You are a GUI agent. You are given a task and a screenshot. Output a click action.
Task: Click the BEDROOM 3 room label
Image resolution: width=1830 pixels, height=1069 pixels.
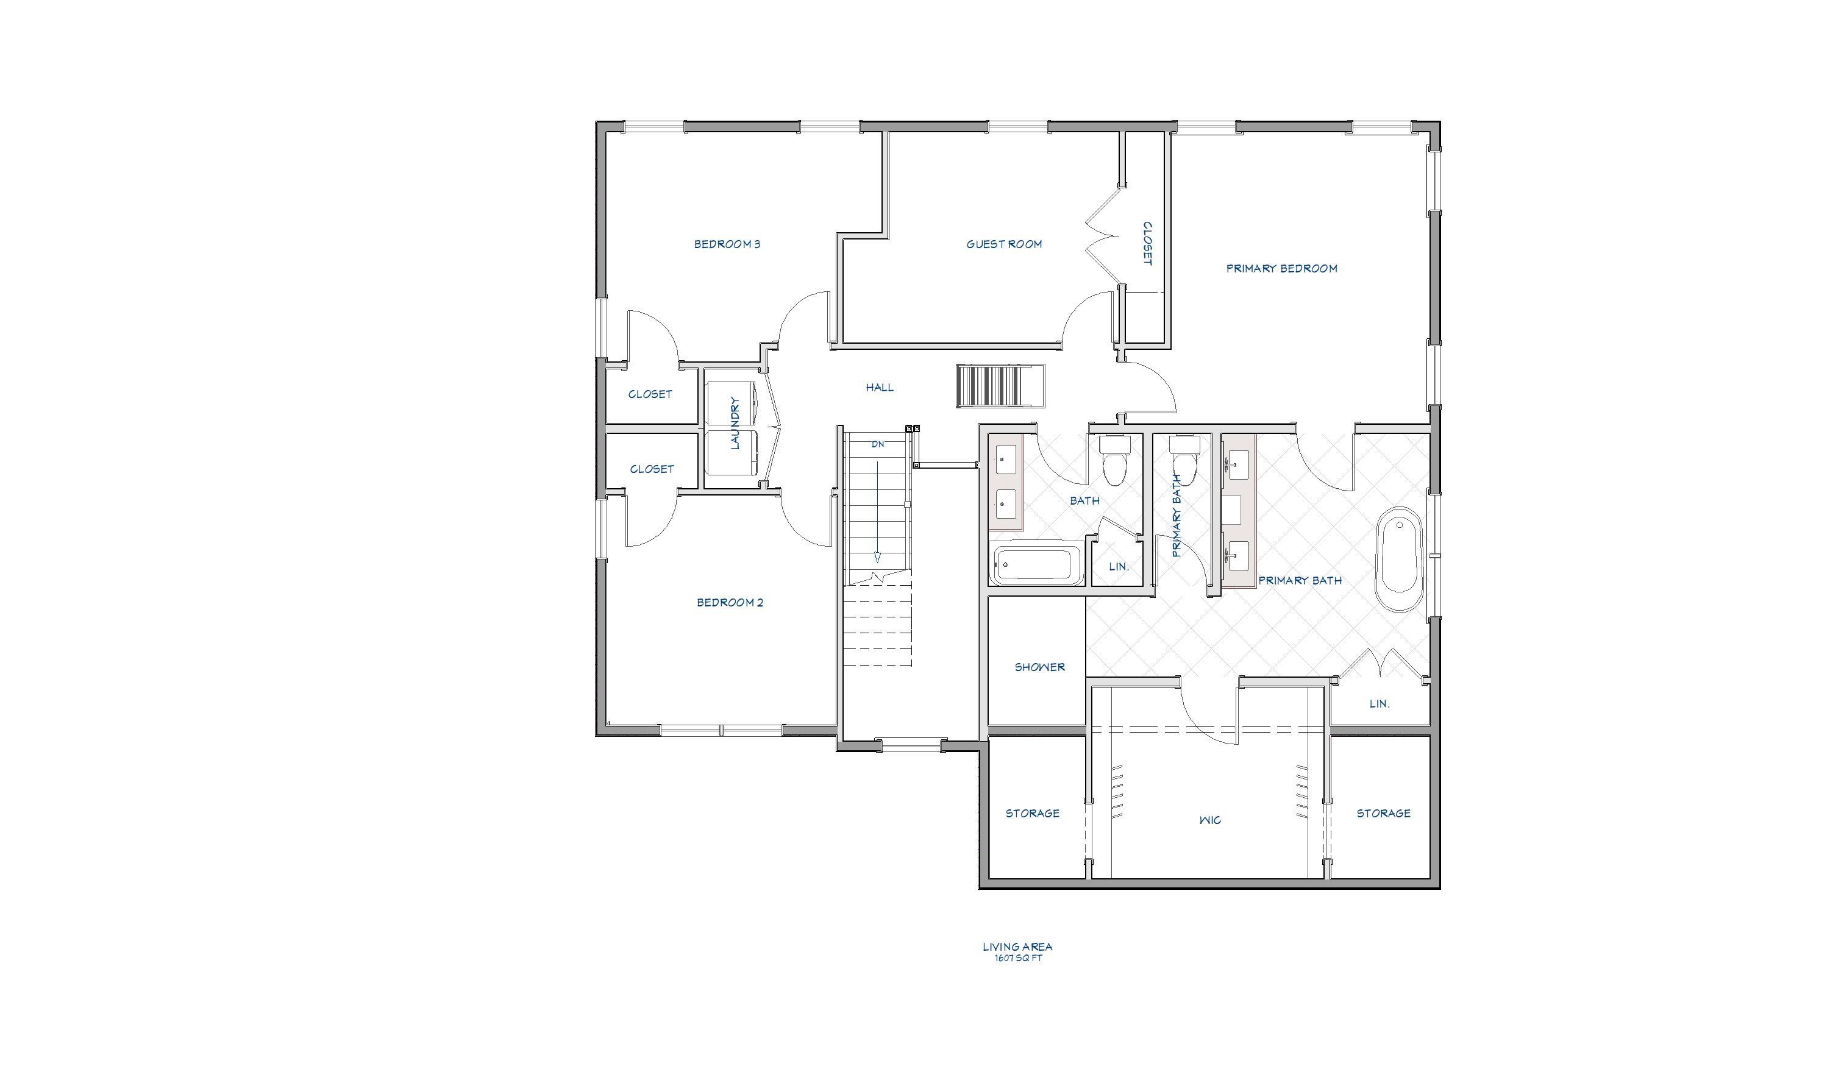(727, 244)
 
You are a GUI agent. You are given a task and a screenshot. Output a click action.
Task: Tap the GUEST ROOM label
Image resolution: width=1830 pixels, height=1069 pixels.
(1003, 244)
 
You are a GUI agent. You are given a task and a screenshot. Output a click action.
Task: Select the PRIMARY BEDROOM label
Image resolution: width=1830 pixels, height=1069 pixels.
(1281, 268)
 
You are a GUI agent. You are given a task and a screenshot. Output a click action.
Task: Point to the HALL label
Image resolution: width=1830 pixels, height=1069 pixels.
(880, 387)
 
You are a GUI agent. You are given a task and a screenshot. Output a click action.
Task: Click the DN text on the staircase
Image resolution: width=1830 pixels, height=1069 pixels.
(877, 444)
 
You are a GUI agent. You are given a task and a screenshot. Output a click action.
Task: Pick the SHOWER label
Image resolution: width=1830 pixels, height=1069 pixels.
(1039, 667)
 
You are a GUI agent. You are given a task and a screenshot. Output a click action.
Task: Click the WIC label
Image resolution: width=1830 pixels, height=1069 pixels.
(1210, 820)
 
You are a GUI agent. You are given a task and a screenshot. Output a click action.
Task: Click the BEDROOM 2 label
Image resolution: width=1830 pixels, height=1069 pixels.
(730, 602)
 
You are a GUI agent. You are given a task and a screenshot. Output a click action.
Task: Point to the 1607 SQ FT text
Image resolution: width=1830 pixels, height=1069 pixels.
(1017, 958)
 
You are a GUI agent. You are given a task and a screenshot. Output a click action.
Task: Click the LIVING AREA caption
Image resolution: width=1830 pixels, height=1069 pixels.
(1017, 946)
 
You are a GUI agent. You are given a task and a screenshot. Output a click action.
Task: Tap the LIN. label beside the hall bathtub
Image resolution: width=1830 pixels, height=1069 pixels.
(1119, 566)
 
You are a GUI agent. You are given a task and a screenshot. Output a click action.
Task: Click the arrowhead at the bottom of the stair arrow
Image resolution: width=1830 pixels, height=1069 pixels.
(877, 558)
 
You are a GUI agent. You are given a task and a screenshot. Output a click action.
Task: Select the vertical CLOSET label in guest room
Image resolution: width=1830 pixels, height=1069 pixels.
(1147, 243)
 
